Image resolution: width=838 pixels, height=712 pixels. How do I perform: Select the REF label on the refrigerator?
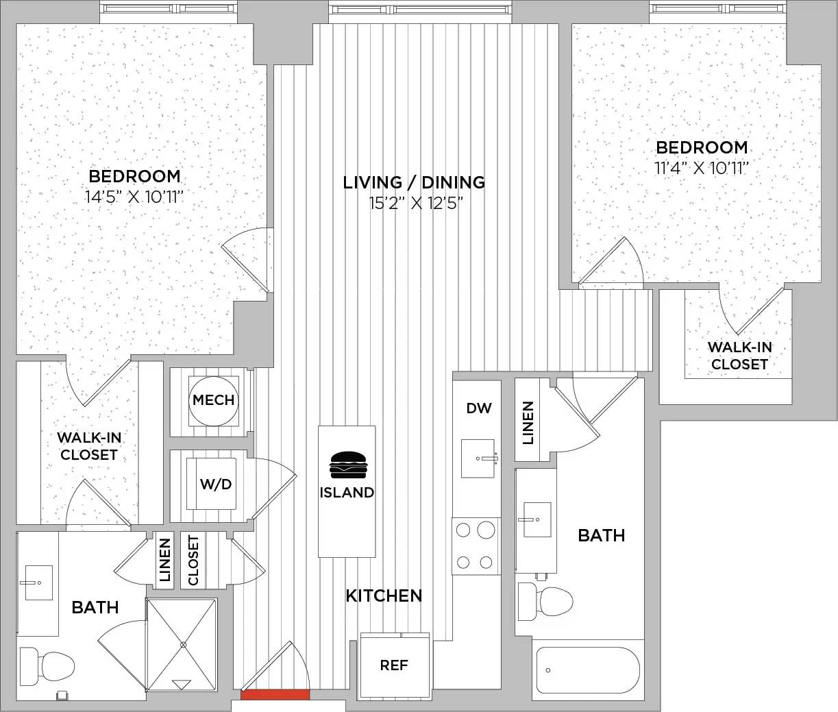pyautogui.click(x=394, y=665)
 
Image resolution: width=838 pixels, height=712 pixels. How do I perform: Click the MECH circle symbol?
pyautogui.click(x=214, y=401)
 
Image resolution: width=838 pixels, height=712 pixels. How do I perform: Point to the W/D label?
pyautogui.click(x=216, y=484)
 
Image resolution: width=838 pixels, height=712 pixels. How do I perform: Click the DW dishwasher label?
pyautogui.click(x=479, y=408)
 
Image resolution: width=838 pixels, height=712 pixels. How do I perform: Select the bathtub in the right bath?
pyautogui.click(x=588, y=670)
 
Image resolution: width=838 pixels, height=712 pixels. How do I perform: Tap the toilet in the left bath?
pyautogui.click(x=47, y=666)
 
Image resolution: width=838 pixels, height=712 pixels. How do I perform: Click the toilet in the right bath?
pyautogui.click(x=545, y=601)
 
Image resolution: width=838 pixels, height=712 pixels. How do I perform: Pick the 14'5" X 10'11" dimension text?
pyautogui.click(x=134, y=197)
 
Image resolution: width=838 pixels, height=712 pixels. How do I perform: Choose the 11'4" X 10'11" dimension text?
pyautogui.click(x=702, y=168)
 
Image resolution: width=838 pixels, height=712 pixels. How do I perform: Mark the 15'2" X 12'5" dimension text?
pyautogui.click(x=416, y=203)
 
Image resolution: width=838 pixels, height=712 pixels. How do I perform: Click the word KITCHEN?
pyautogui.click(x=384, y=596)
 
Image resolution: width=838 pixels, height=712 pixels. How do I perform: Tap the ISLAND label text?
pyautogui.click(x=347, y=493)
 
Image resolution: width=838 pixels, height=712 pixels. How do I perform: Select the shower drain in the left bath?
pyautogui.click(x=183, y=644)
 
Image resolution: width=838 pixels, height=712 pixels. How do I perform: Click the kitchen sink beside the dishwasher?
pyautogui.click(x=478, y=458)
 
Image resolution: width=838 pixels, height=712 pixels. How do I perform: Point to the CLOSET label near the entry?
pyautogui.click(x=193, y=561)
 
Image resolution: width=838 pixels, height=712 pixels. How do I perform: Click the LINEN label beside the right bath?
pyautogui.click(x=528, y=423)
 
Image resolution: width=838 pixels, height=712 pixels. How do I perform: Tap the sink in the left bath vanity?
pyautogui.click(x=38, y=582)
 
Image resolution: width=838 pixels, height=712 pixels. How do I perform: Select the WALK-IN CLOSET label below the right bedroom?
pyautogui.click(x=739, y=356)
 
